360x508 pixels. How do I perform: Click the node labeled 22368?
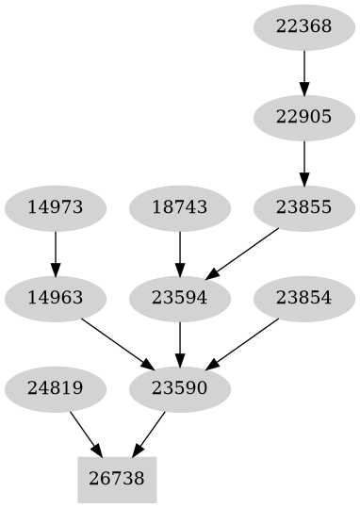(303, 26)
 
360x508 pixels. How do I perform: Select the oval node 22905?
(303, 117)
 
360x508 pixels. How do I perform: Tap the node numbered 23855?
(303, 207)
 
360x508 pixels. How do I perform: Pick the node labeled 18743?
(179, 207)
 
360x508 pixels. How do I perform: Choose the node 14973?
(55, 207)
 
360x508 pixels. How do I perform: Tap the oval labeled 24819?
(55, 388)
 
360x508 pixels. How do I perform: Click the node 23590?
(179, 388)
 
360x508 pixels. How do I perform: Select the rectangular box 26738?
(117, 479)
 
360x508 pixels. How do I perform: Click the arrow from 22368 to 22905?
(303, 72)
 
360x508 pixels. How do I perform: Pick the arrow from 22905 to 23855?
(303, 162)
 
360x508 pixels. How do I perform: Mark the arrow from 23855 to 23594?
(242, 253)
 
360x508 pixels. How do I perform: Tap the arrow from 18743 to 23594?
(179, 253)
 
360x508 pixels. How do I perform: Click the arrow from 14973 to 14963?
(55, 253)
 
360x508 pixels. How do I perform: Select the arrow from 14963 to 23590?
(117, 343)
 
